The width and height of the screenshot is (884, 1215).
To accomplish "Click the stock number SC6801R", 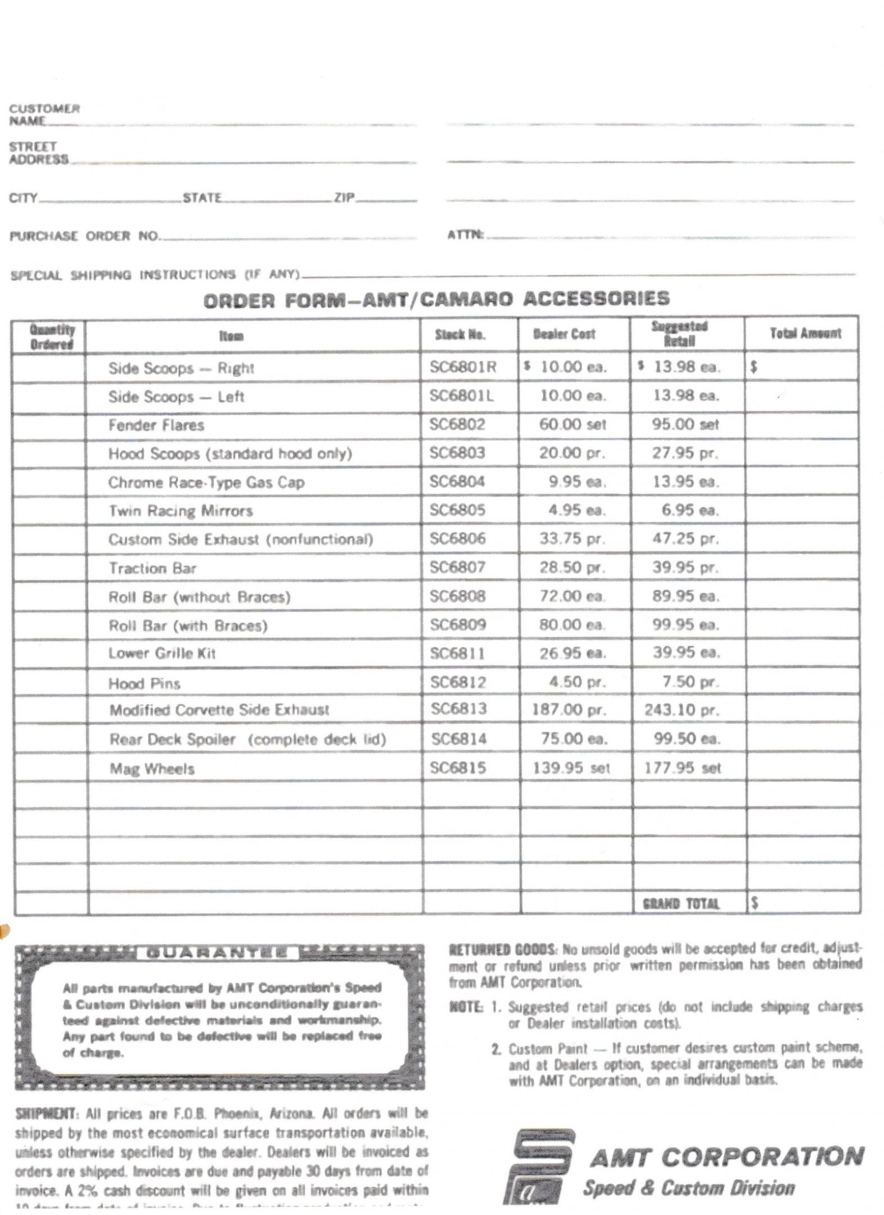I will pyautogui.click(x=463, y=367).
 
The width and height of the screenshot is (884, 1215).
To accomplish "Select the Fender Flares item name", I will pyautogui.click(x=156, y=425).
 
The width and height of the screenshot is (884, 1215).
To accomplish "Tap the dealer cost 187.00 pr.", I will pyautogui.click(x=569, y=709).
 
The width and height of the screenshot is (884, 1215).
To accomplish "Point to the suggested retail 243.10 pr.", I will pyautogui.click(x=682, y=709).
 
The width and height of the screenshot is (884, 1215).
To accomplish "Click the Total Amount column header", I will pyautogui.click(x=805, y=333).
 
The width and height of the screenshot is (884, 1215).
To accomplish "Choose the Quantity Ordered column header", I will pyautogui.click(x=51, y=336).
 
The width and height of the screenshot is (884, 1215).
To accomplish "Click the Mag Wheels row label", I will pyautogui.click(x=152, y=768).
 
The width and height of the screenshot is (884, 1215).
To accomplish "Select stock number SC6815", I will pyautogui.click(x=458, y=768).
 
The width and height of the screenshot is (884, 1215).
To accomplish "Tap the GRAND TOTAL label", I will pyautogui.click(x=680, y=903).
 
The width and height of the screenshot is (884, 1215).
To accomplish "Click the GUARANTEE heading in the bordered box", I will pyautogui.click(x=217, y=953).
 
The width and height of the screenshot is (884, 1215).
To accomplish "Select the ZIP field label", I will pyautogui.click(x=344, y=197).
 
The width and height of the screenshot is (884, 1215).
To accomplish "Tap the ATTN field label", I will pyautogui.click(x=465, y=235).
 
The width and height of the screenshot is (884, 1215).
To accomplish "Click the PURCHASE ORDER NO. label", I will pyautogui.click(x=84, y=236).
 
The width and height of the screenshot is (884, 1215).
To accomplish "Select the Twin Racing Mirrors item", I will pyautogui.click(x=180, y=511).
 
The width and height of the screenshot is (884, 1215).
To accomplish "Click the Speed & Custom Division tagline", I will pyautogui.click(x=689, y=1187).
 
